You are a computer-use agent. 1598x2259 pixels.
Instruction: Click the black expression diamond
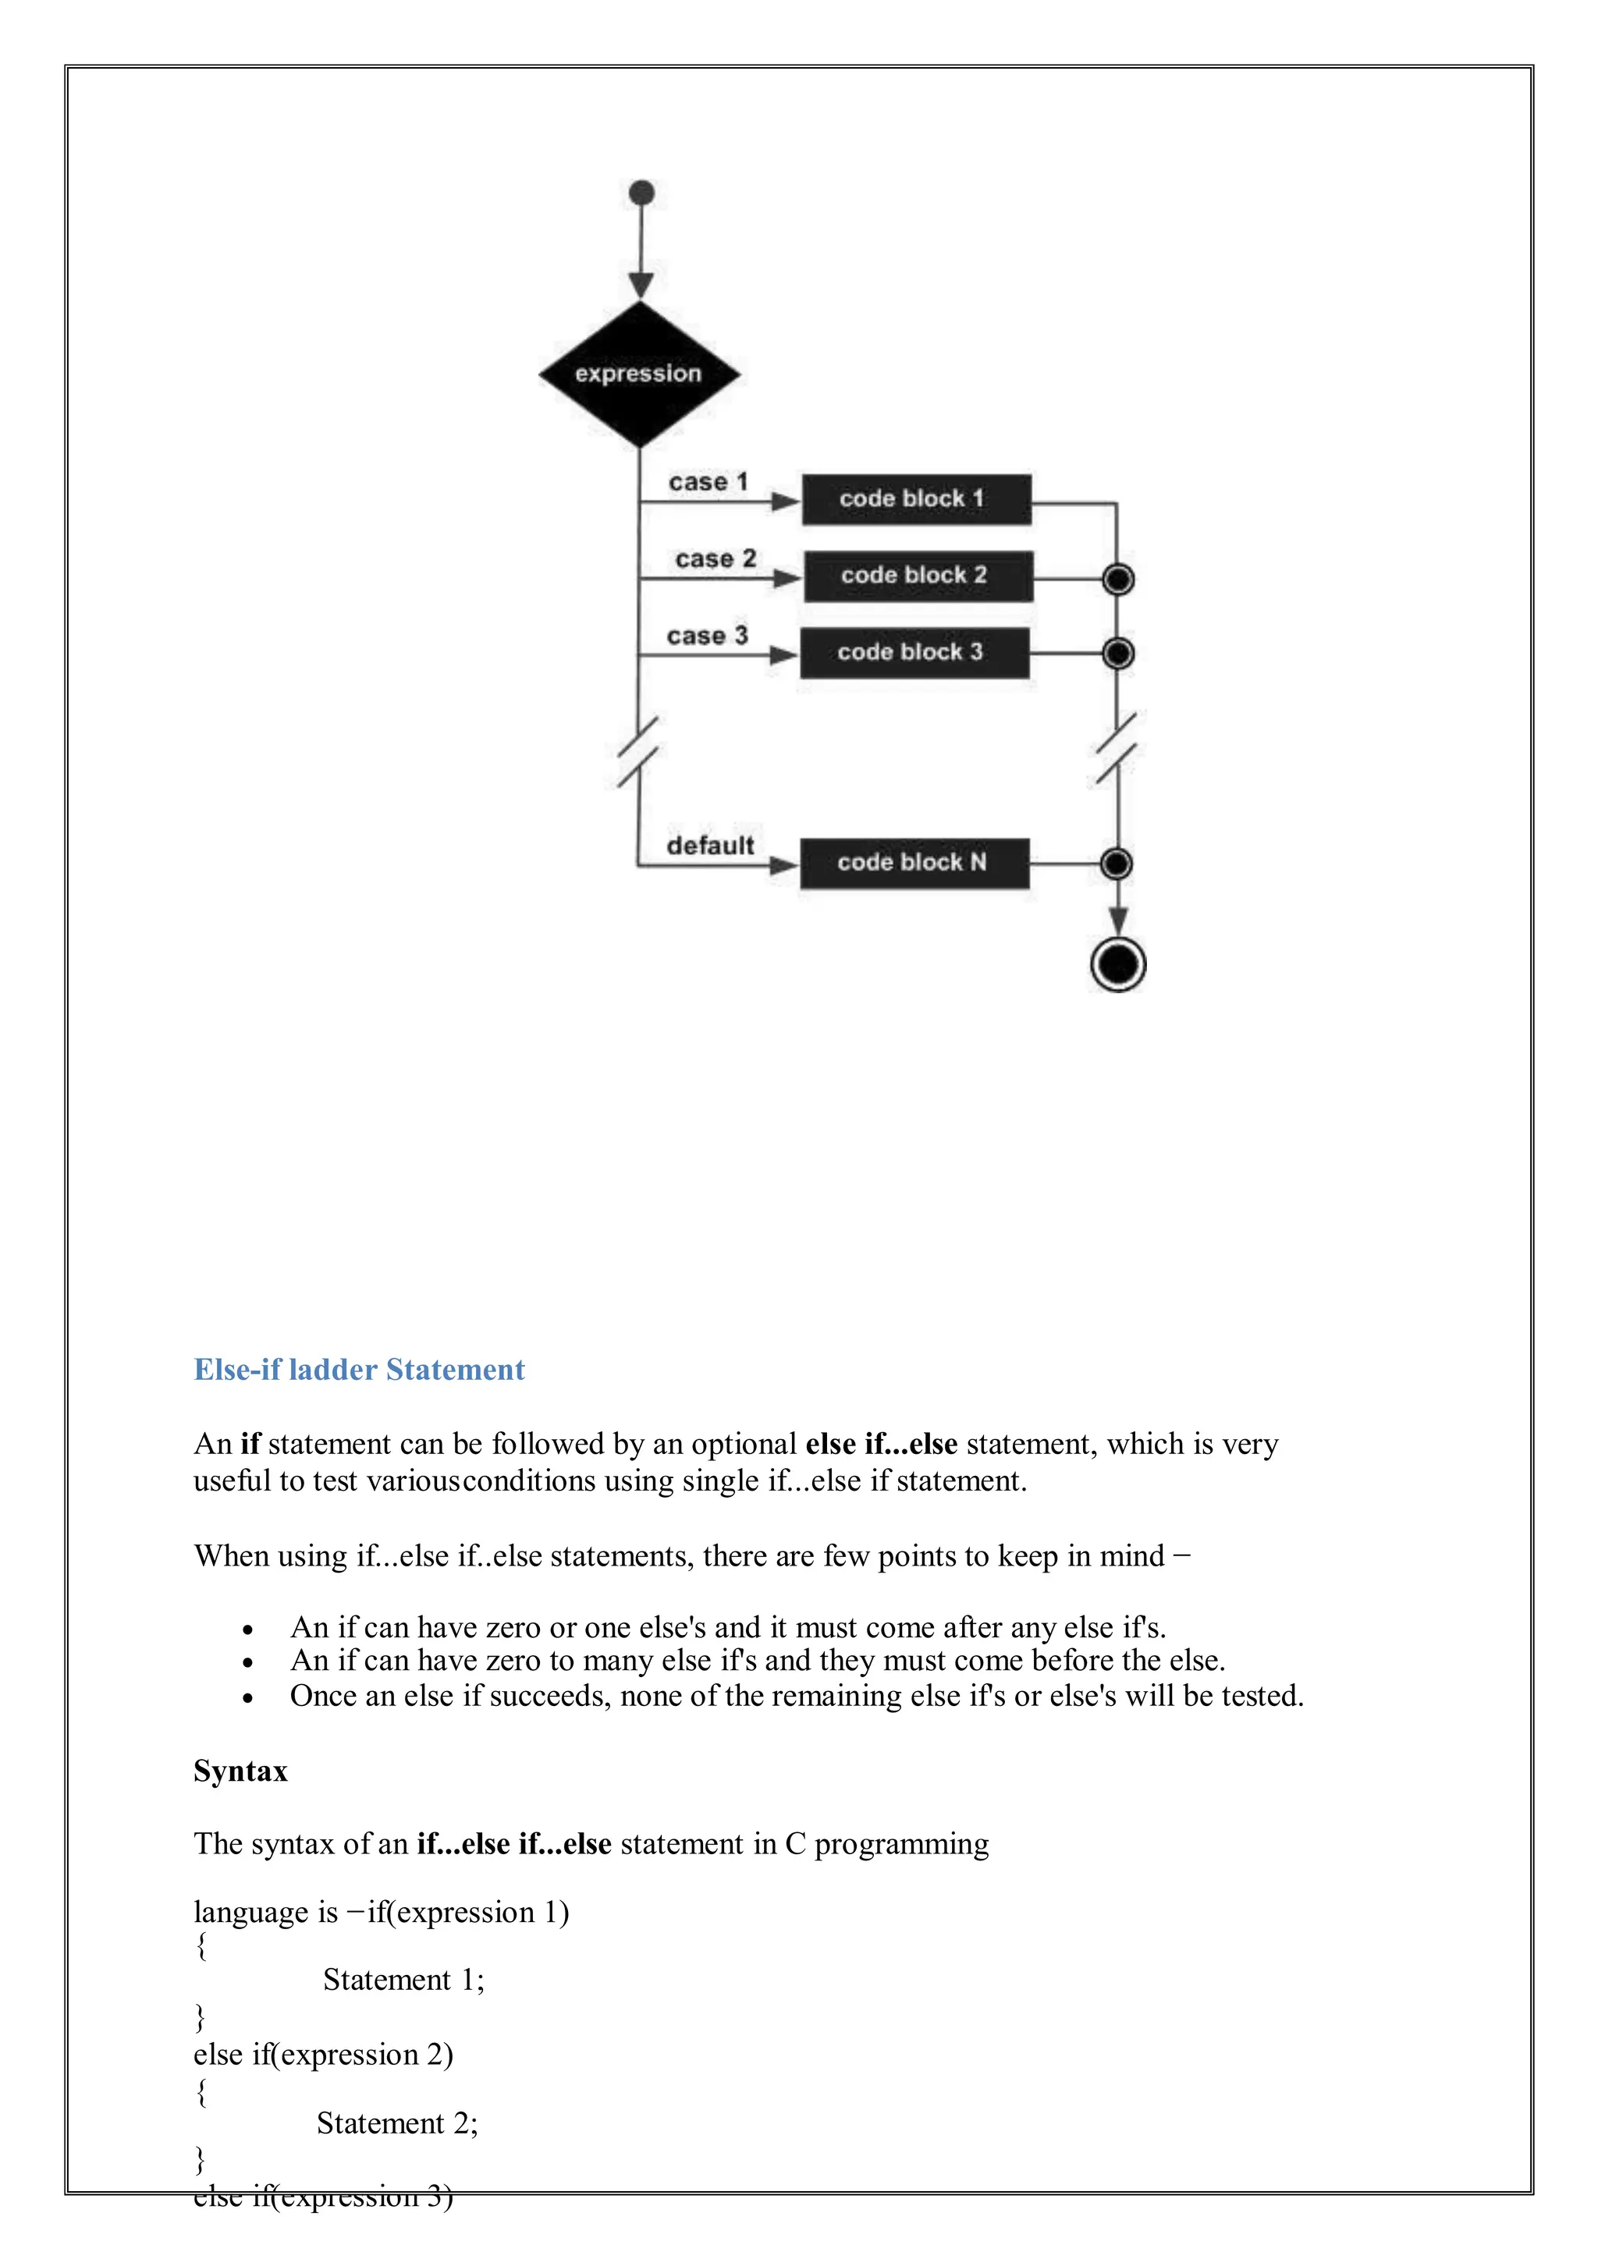[640, 374]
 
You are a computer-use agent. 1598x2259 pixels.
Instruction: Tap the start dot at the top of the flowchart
[641, 193]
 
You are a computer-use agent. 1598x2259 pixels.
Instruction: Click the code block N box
[914, 864]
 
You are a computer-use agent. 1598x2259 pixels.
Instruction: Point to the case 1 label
[708, 482]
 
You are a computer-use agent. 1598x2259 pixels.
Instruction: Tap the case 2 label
[716, 559]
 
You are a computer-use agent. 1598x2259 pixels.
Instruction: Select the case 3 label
[708, 636]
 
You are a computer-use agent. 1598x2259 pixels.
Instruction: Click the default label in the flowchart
[709, 846]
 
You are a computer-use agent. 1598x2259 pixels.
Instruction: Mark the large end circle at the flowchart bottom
[1118, 964]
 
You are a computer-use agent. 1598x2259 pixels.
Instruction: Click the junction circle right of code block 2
[1118, 580]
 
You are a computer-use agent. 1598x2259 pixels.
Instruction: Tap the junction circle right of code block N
[1116, 864]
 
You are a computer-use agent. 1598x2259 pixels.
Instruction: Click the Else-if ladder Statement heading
[359, 1370]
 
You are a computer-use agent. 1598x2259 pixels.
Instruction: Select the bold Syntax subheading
[241, 1771]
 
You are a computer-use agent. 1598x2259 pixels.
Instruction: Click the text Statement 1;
[403, 1980]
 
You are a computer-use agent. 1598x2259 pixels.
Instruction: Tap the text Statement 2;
[396, 2123]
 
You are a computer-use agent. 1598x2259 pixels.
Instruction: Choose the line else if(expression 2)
[323, 2055]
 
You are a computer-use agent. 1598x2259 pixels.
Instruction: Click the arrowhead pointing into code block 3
[783, 655]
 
